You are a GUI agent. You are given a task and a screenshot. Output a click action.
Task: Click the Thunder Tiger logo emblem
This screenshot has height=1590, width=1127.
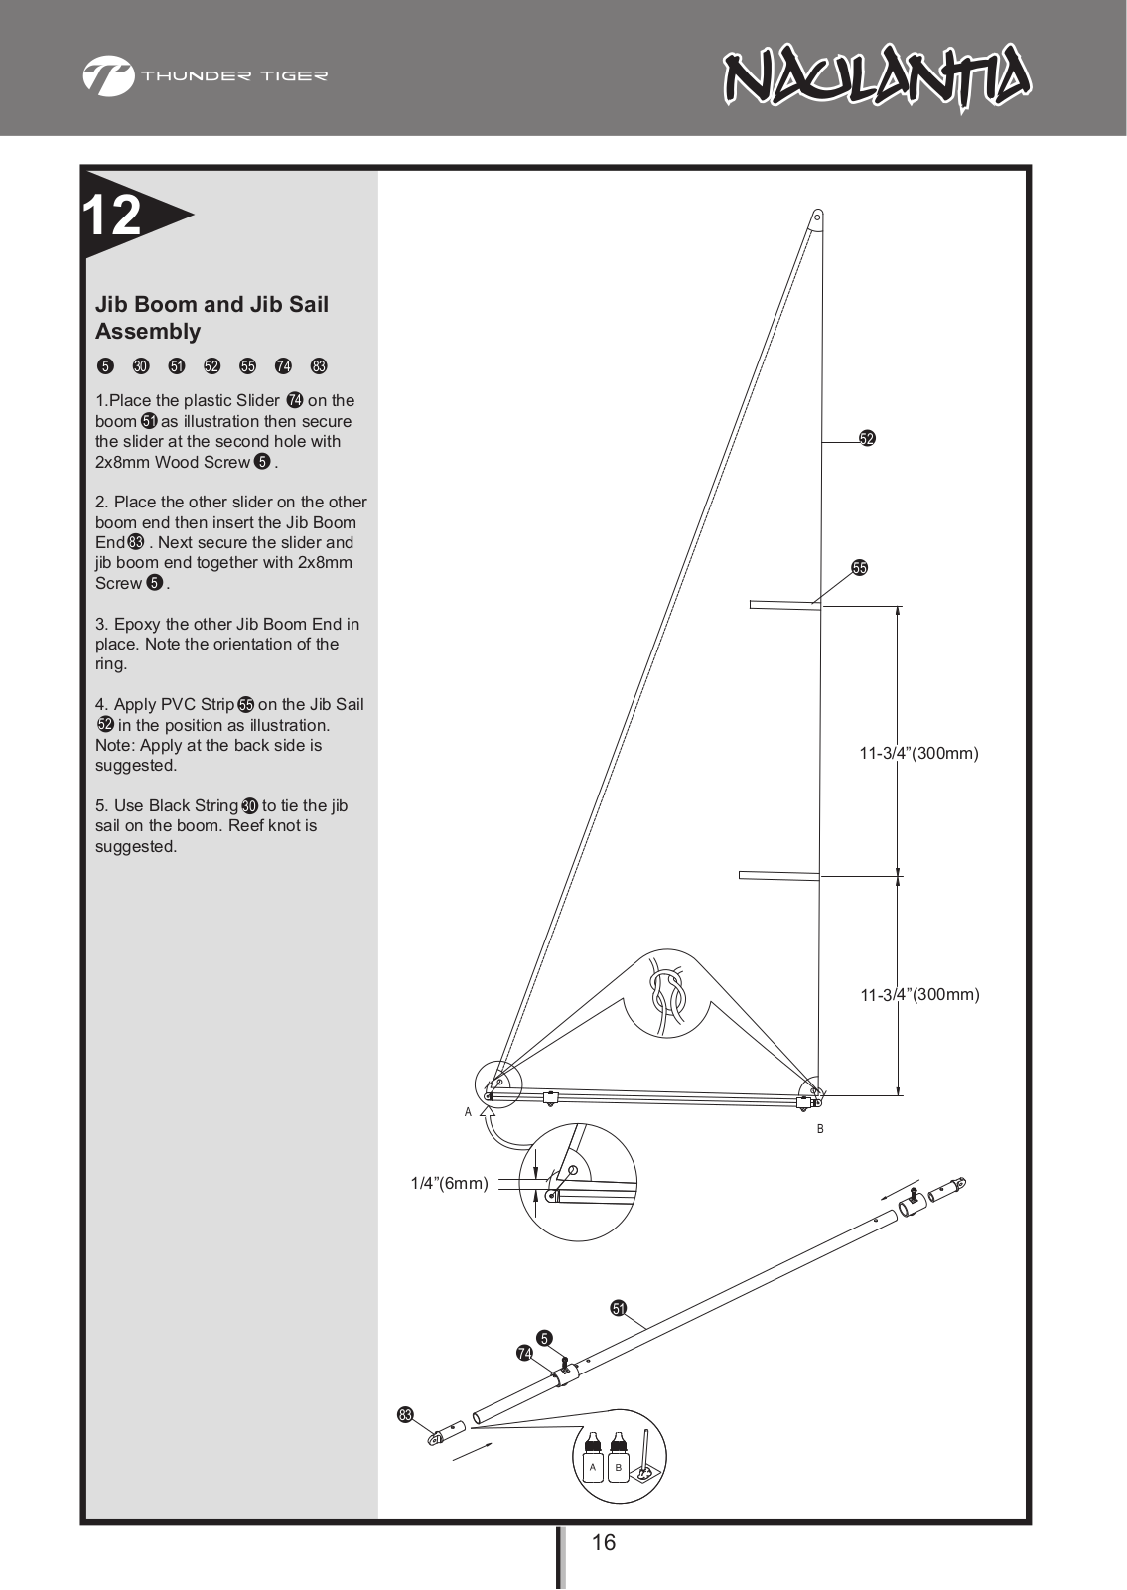click(x=108, y=75)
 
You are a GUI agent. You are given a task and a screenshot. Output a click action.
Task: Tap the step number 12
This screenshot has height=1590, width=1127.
click(x=112, y=215)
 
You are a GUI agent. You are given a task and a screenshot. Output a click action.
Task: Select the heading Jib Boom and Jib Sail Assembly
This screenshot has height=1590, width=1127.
click(x=211, y=318)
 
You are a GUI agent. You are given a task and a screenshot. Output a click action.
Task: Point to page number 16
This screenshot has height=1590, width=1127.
click(x=603, y=1542)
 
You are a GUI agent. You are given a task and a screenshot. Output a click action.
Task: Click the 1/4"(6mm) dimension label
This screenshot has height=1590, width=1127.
click(x=449, y=1183)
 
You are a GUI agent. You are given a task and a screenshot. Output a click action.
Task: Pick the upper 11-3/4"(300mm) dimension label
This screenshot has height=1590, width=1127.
click(x=918, y=753)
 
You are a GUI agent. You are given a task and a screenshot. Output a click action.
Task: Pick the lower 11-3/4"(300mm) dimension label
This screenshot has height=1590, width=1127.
click(x=918, y=994)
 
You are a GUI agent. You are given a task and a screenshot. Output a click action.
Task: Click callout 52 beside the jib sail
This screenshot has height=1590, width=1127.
click(x=867, y=438)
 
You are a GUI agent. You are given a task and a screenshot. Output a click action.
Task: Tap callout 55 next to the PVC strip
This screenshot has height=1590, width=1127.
click(x=860, y=568)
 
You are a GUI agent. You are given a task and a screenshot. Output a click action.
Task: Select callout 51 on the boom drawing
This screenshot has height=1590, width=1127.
click(x=619, y=1308)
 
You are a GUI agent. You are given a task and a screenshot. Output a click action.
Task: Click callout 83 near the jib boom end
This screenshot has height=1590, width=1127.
click(x=405, y=1415)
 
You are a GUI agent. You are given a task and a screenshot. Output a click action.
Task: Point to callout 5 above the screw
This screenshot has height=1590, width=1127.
click(x=544, y=1339)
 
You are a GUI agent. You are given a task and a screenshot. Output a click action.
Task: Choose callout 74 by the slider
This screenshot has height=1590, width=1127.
click(x=524, y=1353)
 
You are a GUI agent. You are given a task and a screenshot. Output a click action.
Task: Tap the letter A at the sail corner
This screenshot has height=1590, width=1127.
click(x=468, y=1112)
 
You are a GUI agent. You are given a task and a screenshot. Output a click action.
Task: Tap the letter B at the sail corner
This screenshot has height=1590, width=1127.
click(x=820, y=1129)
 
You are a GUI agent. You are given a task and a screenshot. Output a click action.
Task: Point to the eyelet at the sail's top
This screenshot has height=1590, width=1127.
click(x=817, y=217)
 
